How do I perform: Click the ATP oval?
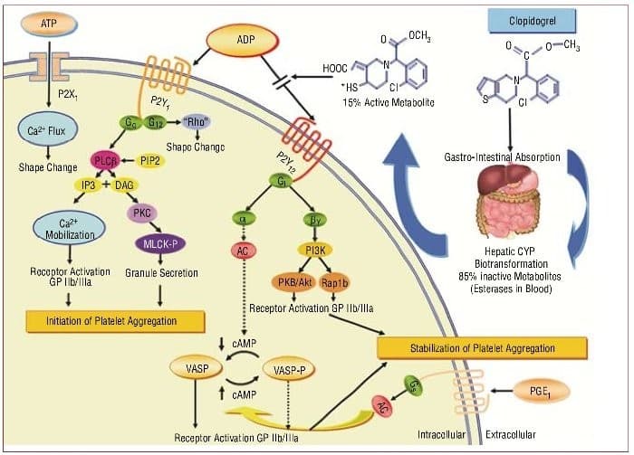tap(49, 24)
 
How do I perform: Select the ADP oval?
tap(243, 40)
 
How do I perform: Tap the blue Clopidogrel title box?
tap(533, 21)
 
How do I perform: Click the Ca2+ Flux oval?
tap(46, 130)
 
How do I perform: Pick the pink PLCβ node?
tap(105, 161)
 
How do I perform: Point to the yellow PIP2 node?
tap(150, 161)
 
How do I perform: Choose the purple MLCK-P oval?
tap(159, 244)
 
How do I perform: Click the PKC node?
tap(142, 213)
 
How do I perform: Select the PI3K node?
tap(315, 251)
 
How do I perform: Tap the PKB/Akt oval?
tap(294, 282)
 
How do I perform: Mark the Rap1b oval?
tap(334, 282)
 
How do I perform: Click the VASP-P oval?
tap(289, 370)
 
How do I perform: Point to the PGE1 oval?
tap(540, 391)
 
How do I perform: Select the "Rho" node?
tap(197, 122)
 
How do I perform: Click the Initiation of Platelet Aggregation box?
tap(115, 321)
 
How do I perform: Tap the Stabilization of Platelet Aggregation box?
tap(482, 348)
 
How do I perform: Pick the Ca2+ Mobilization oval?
tap(69, 228)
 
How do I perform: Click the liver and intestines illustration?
tap(509, 200)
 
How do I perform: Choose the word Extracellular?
tap(510, 435)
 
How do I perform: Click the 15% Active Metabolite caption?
tap(389, 102)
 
